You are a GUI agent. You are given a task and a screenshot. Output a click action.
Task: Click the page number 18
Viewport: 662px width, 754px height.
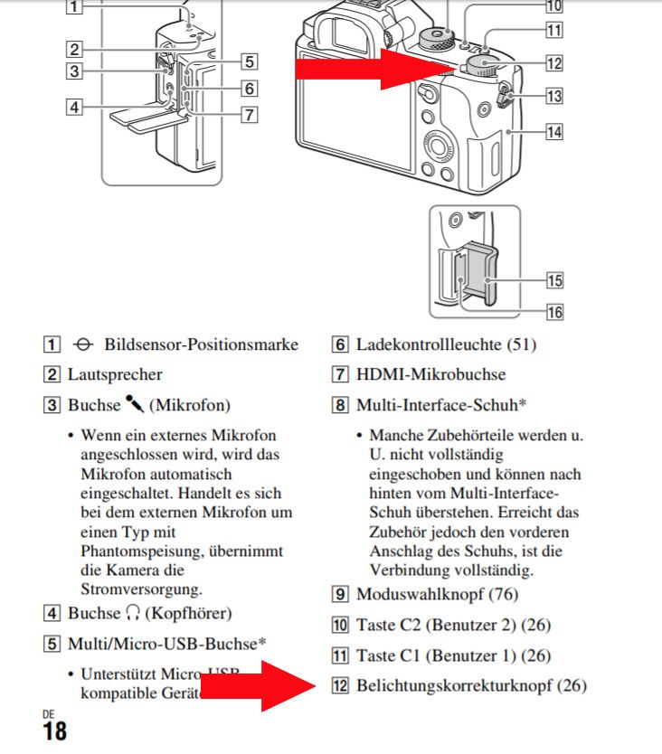(54, 731)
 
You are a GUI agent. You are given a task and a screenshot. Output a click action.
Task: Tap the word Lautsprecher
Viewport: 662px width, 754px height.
(115, 374)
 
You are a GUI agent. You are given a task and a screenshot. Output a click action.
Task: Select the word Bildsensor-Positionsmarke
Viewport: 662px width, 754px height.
(201, 344)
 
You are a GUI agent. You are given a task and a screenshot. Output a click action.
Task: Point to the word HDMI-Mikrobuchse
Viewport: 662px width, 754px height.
(430, 374)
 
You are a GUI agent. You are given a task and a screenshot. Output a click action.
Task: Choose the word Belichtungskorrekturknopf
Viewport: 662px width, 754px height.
(455, 685)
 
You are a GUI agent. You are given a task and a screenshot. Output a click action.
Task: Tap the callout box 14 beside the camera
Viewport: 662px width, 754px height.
(553, 131)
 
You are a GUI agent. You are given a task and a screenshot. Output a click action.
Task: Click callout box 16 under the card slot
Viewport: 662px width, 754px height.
(553, 311)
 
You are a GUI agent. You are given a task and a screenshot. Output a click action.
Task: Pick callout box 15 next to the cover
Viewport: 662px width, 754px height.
(553, 279)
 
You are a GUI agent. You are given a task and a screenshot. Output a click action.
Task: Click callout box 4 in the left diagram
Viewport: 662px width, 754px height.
(74, 107)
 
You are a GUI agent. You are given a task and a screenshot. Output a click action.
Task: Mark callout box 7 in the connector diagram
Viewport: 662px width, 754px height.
(249, 114)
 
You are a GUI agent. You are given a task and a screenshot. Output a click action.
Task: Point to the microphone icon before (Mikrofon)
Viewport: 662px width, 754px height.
(135, 404)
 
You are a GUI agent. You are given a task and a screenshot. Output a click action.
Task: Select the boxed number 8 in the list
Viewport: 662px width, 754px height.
(340, 404)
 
